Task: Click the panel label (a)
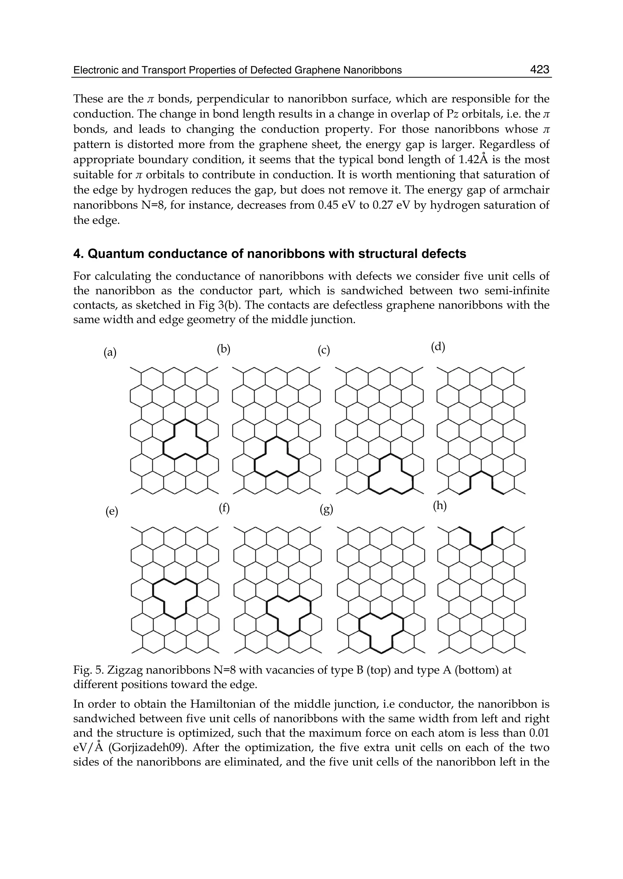tap(110, 352)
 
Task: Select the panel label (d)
tap(438, 347)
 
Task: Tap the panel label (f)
tap(224, 508)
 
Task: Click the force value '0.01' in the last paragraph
tap(539, 733)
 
